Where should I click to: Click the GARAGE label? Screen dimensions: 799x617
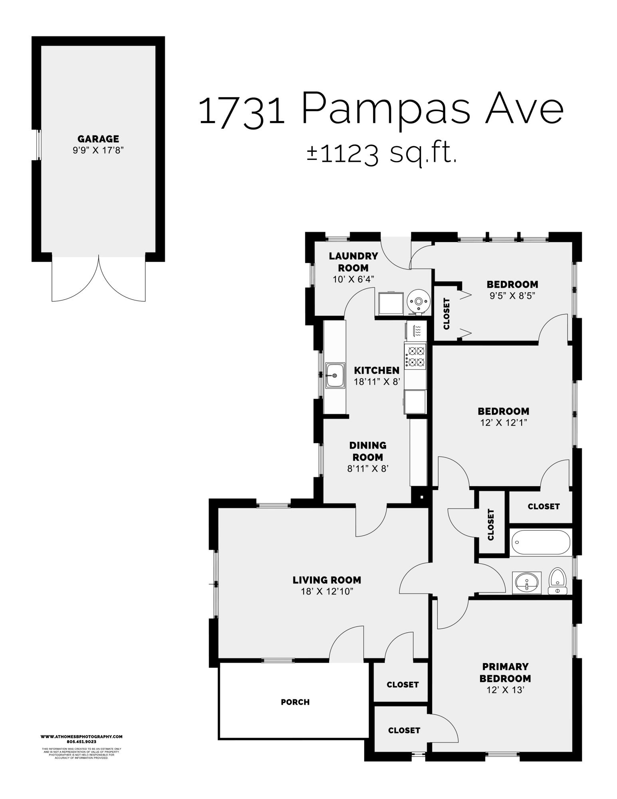tap(98, 139)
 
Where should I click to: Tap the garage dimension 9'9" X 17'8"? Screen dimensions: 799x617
tap(98, 151)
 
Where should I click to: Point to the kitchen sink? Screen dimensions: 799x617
tap(335, 375)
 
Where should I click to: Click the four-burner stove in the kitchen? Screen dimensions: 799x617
tap(415, 356)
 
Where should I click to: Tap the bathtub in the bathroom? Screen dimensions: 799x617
tap(540, 542)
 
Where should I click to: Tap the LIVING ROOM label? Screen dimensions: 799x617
tap(327, 580)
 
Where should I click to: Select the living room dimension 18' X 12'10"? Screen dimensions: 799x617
tap(327, 592)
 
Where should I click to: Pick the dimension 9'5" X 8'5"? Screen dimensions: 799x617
tap(512, 296)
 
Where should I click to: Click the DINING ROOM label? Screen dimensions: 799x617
tap(368, 451)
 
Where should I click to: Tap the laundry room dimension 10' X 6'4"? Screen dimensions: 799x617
tap(353, 280)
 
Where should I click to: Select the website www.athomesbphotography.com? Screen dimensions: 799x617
tap(81, 736)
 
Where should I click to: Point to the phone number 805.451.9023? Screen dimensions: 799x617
tap(81, 741)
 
